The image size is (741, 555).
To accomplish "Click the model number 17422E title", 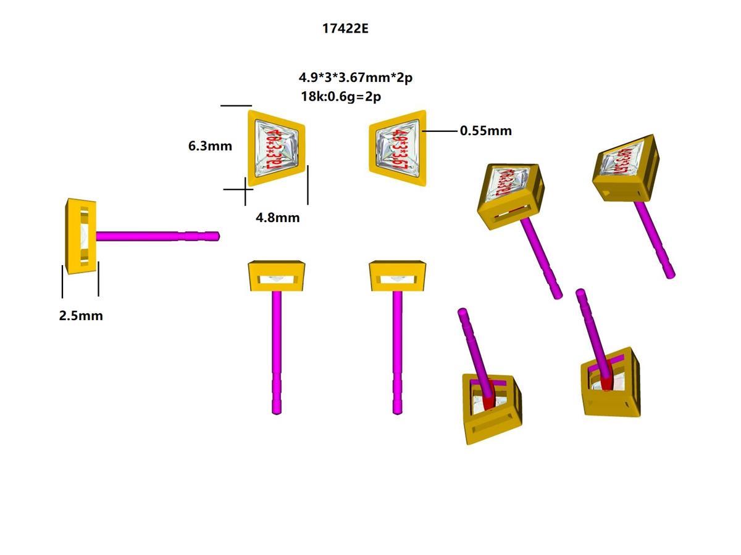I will click(345, 28).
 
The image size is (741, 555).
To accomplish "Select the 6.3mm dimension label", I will click(210, 146).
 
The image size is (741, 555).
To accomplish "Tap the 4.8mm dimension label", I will click(277, 217).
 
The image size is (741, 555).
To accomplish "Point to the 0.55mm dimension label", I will click(485, 131).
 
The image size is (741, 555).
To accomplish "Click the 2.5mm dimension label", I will click(81, 316).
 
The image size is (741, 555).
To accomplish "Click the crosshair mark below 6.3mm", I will click(245, 189).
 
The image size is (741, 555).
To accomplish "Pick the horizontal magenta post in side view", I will click(154, 236).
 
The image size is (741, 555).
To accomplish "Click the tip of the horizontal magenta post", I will click(216, 236).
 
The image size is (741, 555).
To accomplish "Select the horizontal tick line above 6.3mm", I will click(236, 106).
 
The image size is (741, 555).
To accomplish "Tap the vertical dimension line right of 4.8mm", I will click(308, 185).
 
